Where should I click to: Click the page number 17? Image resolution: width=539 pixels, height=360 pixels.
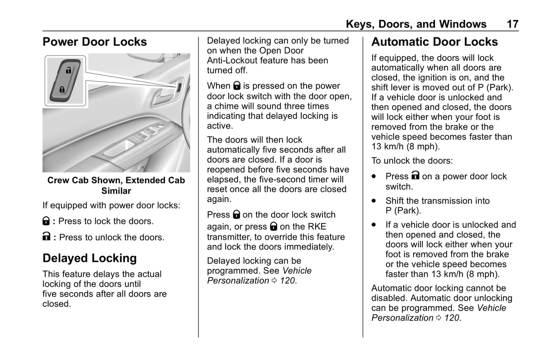(x=512, y=24)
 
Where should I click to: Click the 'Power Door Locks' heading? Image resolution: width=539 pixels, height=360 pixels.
(x=95, y=42)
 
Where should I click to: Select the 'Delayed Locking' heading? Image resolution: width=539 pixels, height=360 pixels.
(x=90, y=258)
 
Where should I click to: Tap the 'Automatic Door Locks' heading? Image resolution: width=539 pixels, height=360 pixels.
(x=435, y=42)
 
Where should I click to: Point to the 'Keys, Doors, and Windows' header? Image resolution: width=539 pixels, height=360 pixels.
(x=416, y=24)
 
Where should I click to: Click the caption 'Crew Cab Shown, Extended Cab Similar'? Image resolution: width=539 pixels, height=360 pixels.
(x=116, y=185)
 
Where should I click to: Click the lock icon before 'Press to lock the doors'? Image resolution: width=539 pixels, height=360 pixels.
(x=46, y=221)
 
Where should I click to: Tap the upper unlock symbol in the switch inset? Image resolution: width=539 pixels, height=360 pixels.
(x=68, y=70)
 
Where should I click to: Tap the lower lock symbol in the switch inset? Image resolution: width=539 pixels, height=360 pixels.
(x=62, y=90)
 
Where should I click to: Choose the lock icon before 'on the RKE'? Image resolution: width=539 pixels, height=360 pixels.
(x=273, y=226)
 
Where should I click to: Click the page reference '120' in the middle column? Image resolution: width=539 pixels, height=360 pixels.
(x=287, y=281)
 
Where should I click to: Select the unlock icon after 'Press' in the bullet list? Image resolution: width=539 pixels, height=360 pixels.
(x=416, y=175)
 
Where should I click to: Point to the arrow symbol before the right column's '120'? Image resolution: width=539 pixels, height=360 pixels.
(x=439, y=318)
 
